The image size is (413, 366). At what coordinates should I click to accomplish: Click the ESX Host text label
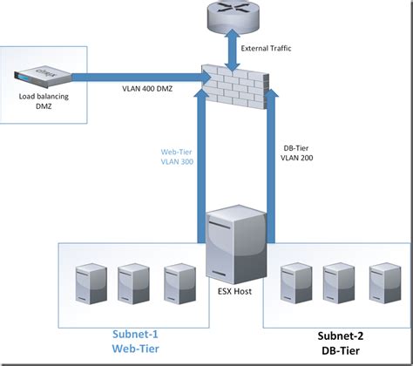coord(234,291)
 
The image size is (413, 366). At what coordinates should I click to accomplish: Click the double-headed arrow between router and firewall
coord(231,47)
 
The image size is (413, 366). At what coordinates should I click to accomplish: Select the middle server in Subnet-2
coord(335,281)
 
